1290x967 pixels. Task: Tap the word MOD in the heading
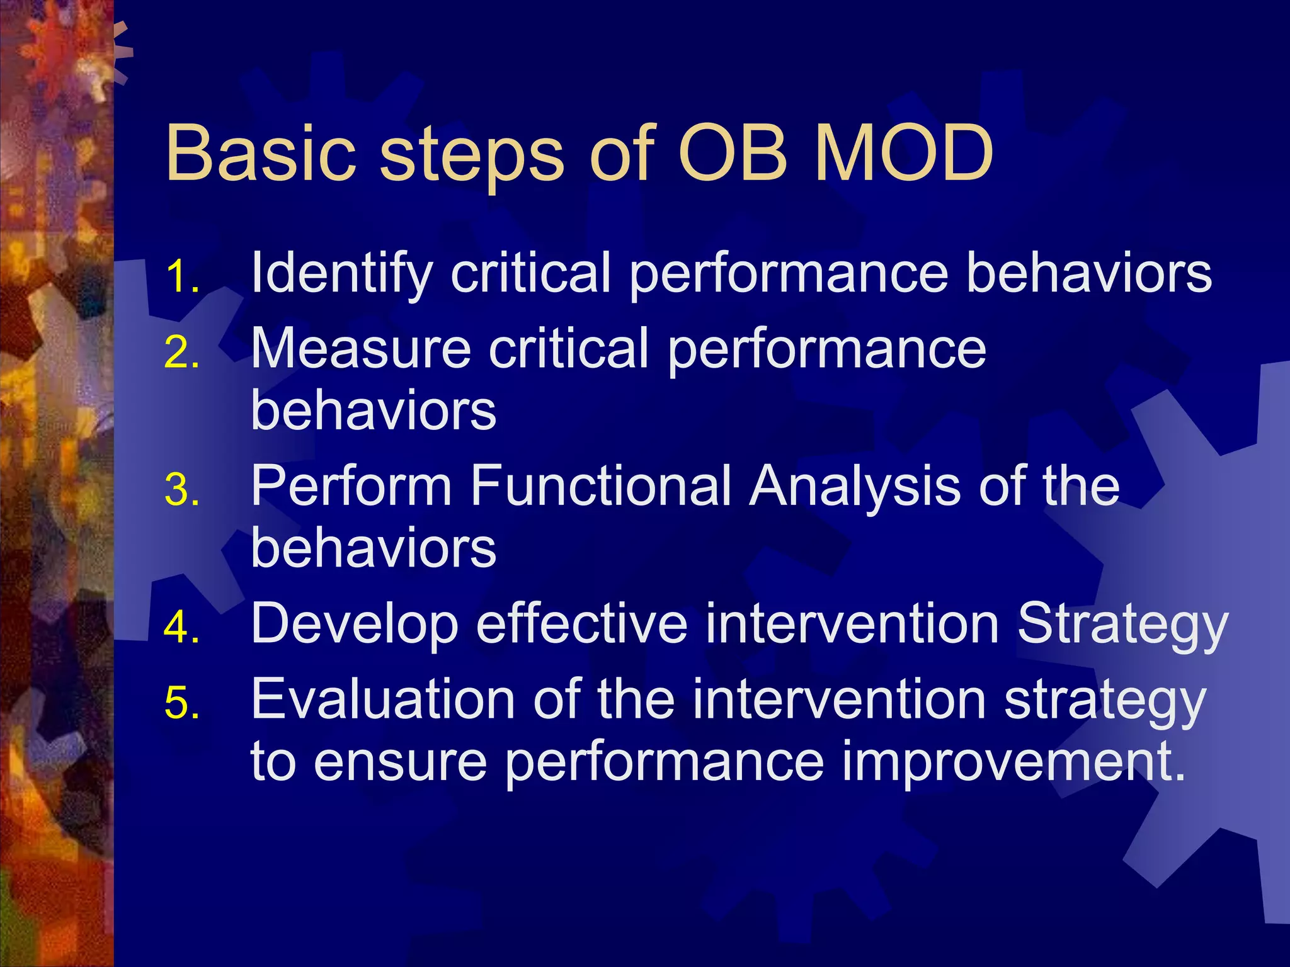pyautogui.click(x=903, y=152)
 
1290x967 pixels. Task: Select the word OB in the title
pyautogui.click(x=733, y=152)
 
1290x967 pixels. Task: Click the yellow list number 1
pyautogui.click(x=183, y=277)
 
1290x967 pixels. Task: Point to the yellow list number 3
pyautogui.click(x=183, y=490)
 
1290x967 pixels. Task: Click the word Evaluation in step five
pyautogui.click(x=384, y=698)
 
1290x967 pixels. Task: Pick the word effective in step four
pyautogui.click(x=581, y=623)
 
